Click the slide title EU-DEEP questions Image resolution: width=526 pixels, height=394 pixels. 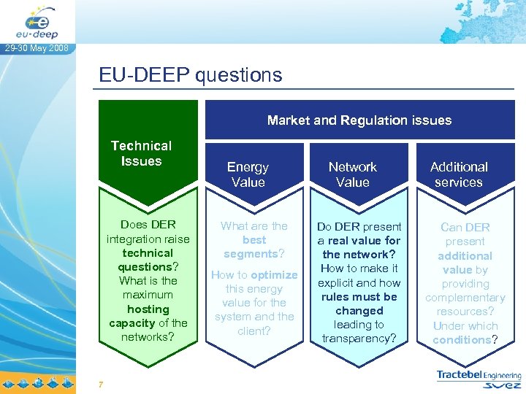pos(191,75)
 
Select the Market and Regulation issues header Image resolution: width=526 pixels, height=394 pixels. pos(359,120)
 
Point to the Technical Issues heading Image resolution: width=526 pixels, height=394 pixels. pos(141,153)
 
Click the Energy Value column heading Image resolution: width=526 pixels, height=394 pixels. pos(248,174)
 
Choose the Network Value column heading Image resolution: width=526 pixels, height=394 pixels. pos(352,174)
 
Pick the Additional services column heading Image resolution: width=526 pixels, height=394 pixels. pos(459,174)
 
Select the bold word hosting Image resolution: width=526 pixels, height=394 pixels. pos(148,309)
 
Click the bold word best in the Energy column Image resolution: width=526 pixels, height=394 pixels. pos(254,240)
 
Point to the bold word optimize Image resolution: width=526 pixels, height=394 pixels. pos(274,275)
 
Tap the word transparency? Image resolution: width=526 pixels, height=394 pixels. pos(359,339)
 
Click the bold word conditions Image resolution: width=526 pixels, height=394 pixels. pos(462,340)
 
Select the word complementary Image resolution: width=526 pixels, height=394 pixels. pos(465,298)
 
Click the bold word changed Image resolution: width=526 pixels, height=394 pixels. pos(359,311)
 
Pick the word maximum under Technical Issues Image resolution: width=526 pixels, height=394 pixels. pos(148,295)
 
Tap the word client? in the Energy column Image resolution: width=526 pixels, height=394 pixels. pos(254,331)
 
